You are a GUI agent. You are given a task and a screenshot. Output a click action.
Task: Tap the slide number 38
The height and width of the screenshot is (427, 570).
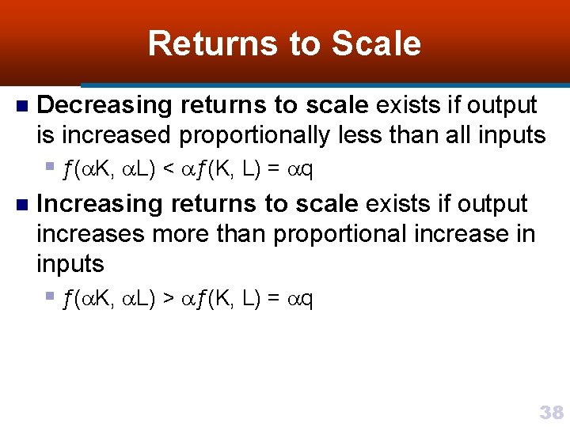tap(551, 412)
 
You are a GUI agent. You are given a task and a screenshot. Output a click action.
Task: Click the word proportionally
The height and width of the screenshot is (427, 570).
tap(253, 136)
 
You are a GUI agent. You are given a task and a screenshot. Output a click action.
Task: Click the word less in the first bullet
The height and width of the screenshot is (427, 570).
tap(349, 136)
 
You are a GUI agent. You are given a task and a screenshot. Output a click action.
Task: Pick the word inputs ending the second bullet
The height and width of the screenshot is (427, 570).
tap(70, 264)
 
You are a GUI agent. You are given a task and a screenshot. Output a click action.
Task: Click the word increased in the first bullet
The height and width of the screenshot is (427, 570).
tap(116, 136)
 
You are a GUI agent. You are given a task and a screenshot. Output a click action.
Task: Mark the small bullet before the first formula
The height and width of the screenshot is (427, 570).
tap(49, 166)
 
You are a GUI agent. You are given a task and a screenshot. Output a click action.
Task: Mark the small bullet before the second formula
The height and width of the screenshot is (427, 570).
tap(49, 297)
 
